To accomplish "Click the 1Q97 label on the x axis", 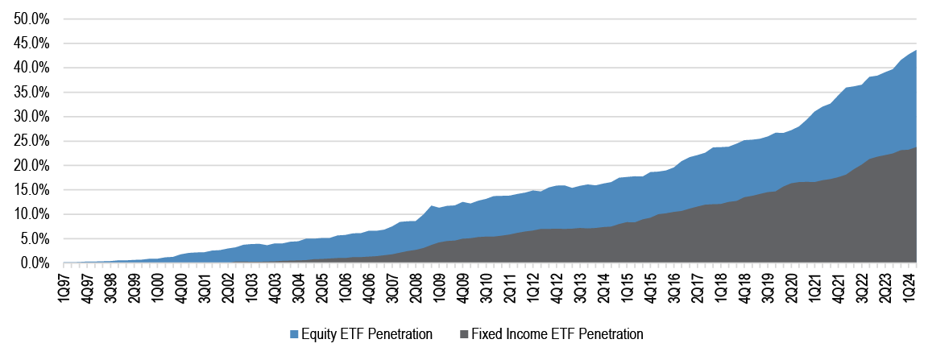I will (x=64, y=288).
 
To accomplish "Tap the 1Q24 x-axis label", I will (x=912, y=288).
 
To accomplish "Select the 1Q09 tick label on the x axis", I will (x=441, y=288).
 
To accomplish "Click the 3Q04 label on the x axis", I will (x=300, y=288).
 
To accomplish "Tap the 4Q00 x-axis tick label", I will (x=182, y=288).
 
